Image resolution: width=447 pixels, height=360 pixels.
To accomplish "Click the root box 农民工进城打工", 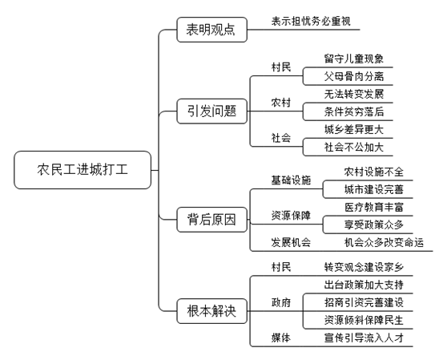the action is (x=83, y=170).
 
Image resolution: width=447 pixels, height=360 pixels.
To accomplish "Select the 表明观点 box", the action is (x=211, y=30).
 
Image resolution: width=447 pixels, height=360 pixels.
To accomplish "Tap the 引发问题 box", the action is (x=211, y=111).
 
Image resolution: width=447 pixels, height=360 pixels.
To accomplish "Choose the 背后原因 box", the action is (x=211, y=220).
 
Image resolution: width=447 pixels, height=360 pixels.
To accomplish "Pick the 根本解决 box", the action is (x=211, y=311).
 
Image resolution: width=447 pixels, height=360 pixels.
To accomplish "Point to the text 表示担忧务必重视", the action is (x=311, y=22).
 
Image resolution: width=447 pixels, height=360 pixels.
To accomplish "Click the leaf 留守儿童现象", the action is (x=354, y=59).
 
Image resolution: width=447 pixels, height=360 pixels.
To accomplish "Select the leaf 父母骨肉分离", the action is (x=354, y=76).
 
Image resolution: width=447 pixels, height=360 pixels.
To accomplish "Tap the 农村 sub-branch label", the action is (x=281, y=103).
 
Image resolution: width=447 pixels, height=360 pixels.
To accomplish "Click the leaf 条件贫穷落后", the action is (x=354, y=111).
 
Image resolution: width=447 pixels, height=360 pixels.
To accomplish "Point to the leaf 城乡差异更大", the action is (x=354, y=130).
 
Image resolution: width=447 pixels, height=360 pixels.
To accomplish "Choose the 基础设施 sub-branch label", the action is (x=291, y=180).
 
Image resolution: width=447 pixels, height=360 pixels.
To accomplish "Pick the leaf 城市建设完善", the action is (x=374, y=189).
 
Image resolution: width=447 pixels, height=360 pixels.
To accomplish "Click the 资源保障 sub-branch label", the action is (x=291, y=216).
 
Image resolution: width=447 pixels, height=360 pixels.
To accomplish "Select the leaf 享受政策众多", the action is (x=374, y=224).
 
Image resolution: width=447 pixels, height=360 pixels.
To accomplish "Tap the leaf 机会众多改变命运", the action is (x=384, y=242).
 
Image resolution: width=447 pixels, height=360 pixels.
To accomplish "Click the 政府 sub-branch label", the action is (x=281, y=302).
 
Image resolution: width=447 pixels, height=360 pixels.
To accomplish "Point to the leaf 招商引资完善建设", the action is (x=364, y=302).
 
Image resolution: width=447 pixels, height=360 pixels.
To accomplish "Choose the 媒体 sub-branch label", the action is (x=281, y=338).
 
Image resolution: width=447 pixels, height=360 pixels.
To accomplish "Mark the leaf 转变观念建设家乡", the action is (x=364, y=267).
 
